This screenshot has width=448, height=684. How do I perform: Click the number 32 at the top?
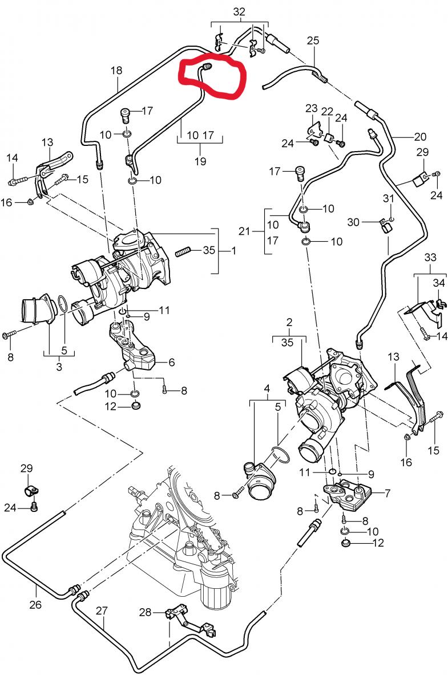[x=239, y=11]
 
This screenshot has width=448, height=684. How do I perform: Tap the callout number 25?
[x=313, y=41]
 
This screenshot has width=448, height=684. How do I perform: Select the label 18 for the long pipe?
[x=116, y=71]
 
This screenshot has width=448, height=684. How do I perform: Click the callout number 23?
[x=311, y=109]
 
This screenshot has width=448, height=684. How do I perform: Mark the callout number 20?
[x=421, y=137]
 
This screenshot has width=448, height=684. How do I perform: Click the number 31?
[x=389, y=199]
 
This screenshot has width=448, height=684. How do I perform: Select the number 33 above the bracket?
[x=430, y=258]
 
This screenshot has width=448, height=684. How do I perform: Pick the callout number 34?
[x=438, y=282]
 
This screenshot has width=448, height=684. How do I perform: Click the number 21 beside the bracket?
[x=244, y=231]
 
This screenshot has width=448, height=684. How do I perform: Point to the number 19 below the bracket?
[x=200, y=161]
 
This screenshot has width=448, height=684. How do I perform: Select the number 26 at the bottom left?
[x=35, y=604]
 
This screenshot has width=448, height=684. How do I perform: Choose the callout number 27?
[x=102, y=610]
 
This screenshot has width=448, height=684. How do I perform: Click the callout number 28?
[x=146, y=612]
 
